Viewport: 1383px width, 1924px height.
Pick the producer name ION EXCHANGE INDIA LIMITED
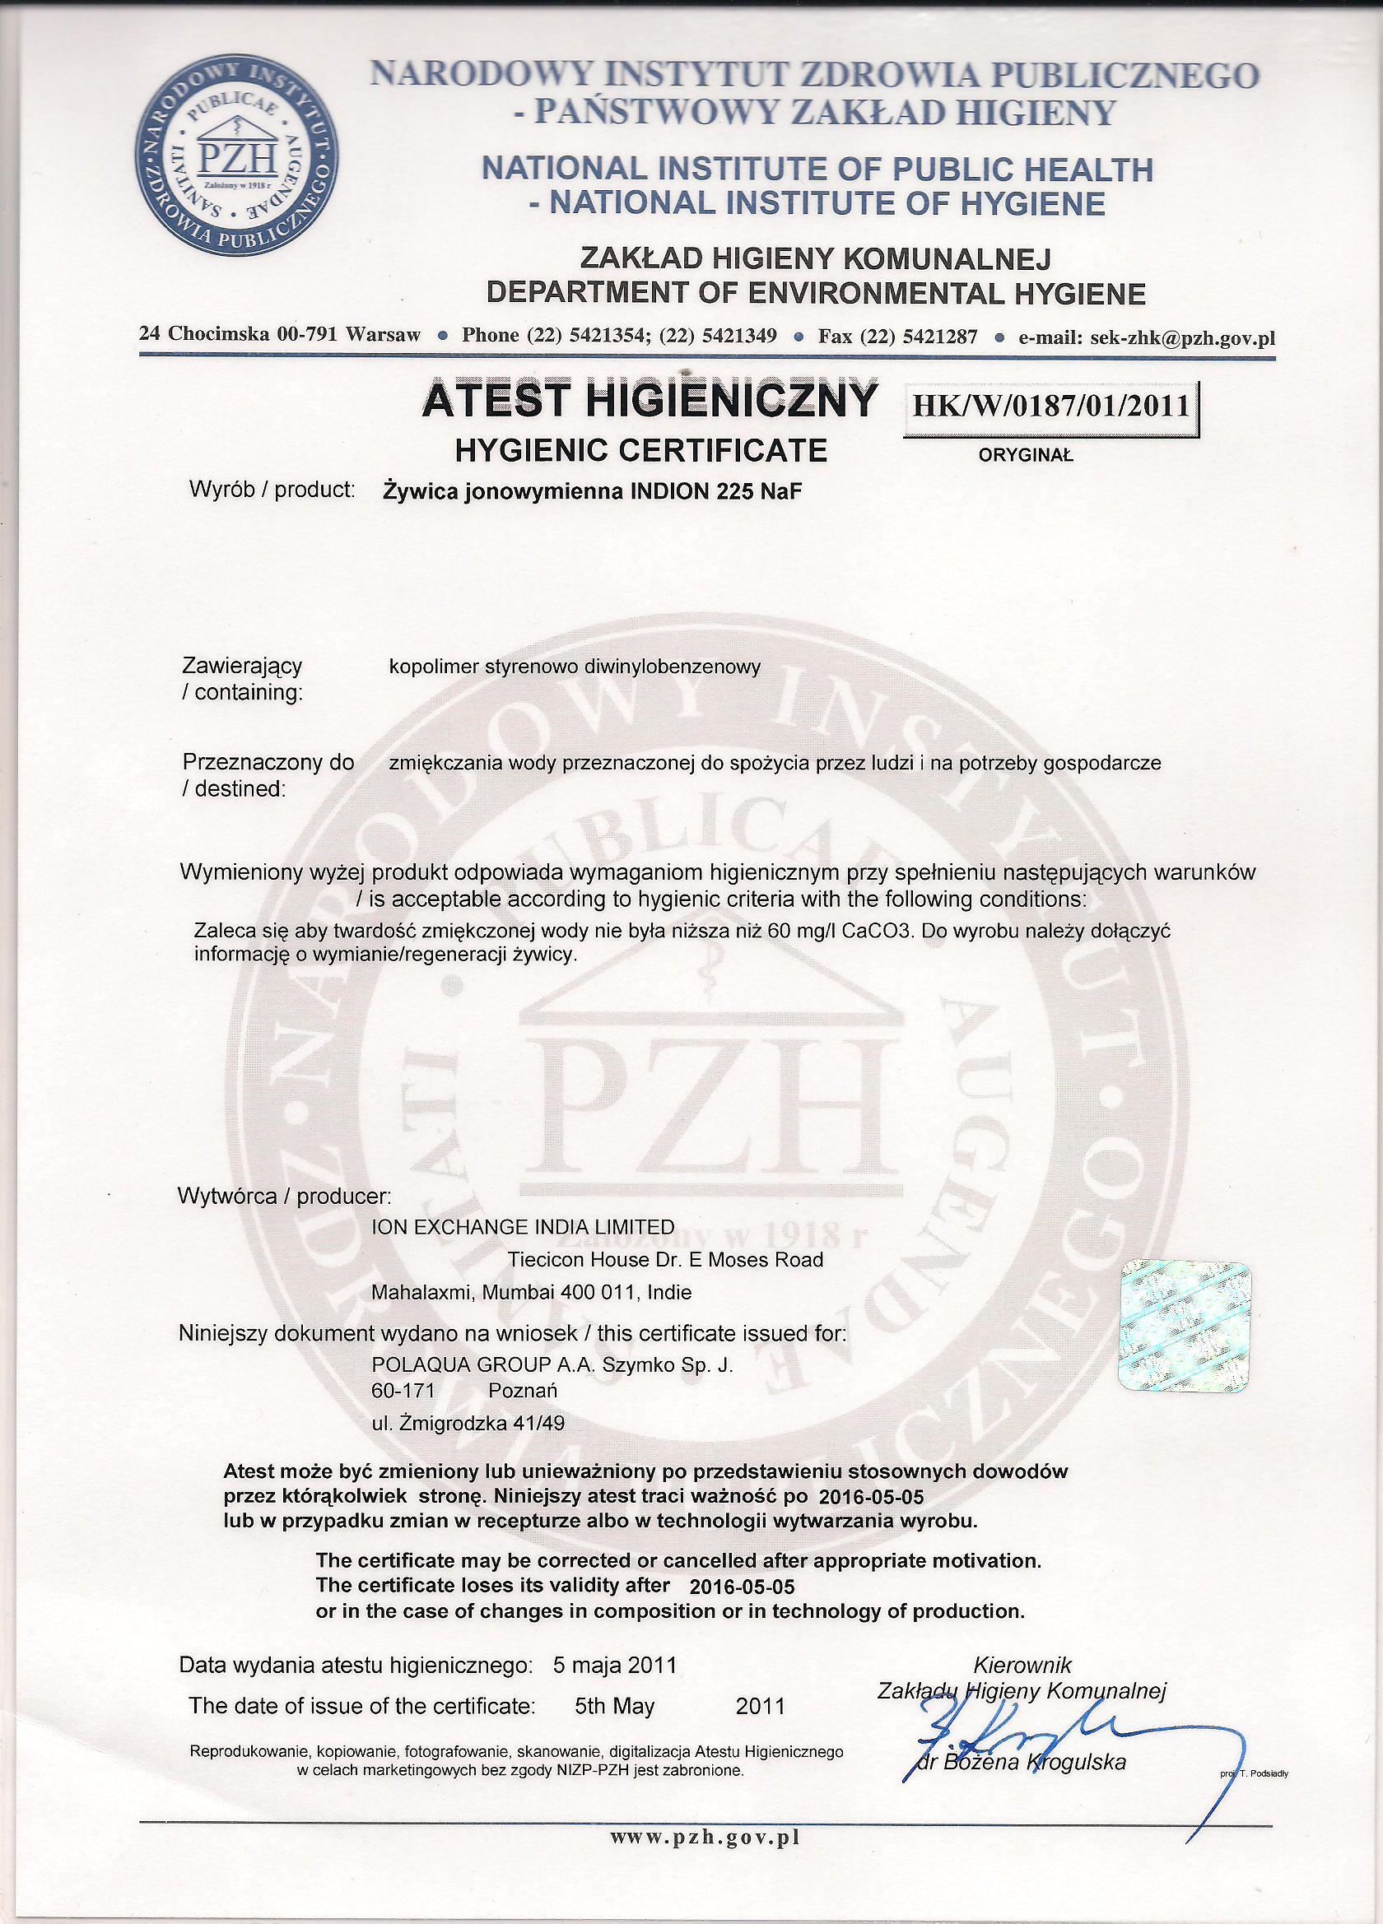coord(524,1227)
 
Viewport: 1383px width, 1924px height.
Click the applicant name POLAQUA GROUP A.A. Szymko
coord(552,1367)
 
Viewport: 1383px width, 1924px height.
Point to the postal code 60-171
coord(403,1391)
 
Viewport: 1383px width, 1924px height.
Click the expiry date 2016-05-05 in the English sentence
coord(743,1586)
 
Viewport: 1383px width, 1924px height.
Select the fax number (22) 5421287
coord(918,336)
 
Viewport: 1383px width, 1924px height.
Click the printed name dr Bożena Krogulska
coord(1022,1740)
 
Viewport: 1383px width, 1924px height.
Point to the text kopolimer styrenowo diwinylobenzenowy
coord(575,667)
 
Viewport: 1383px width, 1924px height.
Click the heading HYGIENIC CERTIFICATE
coord(641,449)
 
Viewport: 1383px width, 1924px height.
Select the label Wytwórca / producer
coord(285,1197)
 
